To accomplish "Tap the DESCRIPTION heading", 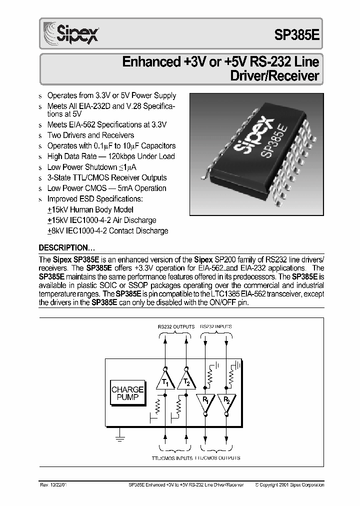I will click(67, 248).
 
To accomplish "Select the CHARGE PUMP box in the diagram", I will click(127, 393).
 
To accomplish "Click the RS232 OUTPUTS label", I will click(176, 326).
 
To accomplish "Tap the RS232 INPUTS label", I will click(216, 326).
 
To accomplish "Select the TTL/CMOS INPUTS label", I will click(172, 457).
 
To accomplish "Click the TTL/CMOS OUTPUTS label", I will click(217, 457).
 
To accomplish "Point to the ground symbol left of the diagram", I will click(119, 438).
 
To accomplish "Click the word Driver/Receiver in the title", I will click(274, 76).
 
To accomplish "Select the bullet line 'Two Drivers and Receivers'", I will click(90, 135).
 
